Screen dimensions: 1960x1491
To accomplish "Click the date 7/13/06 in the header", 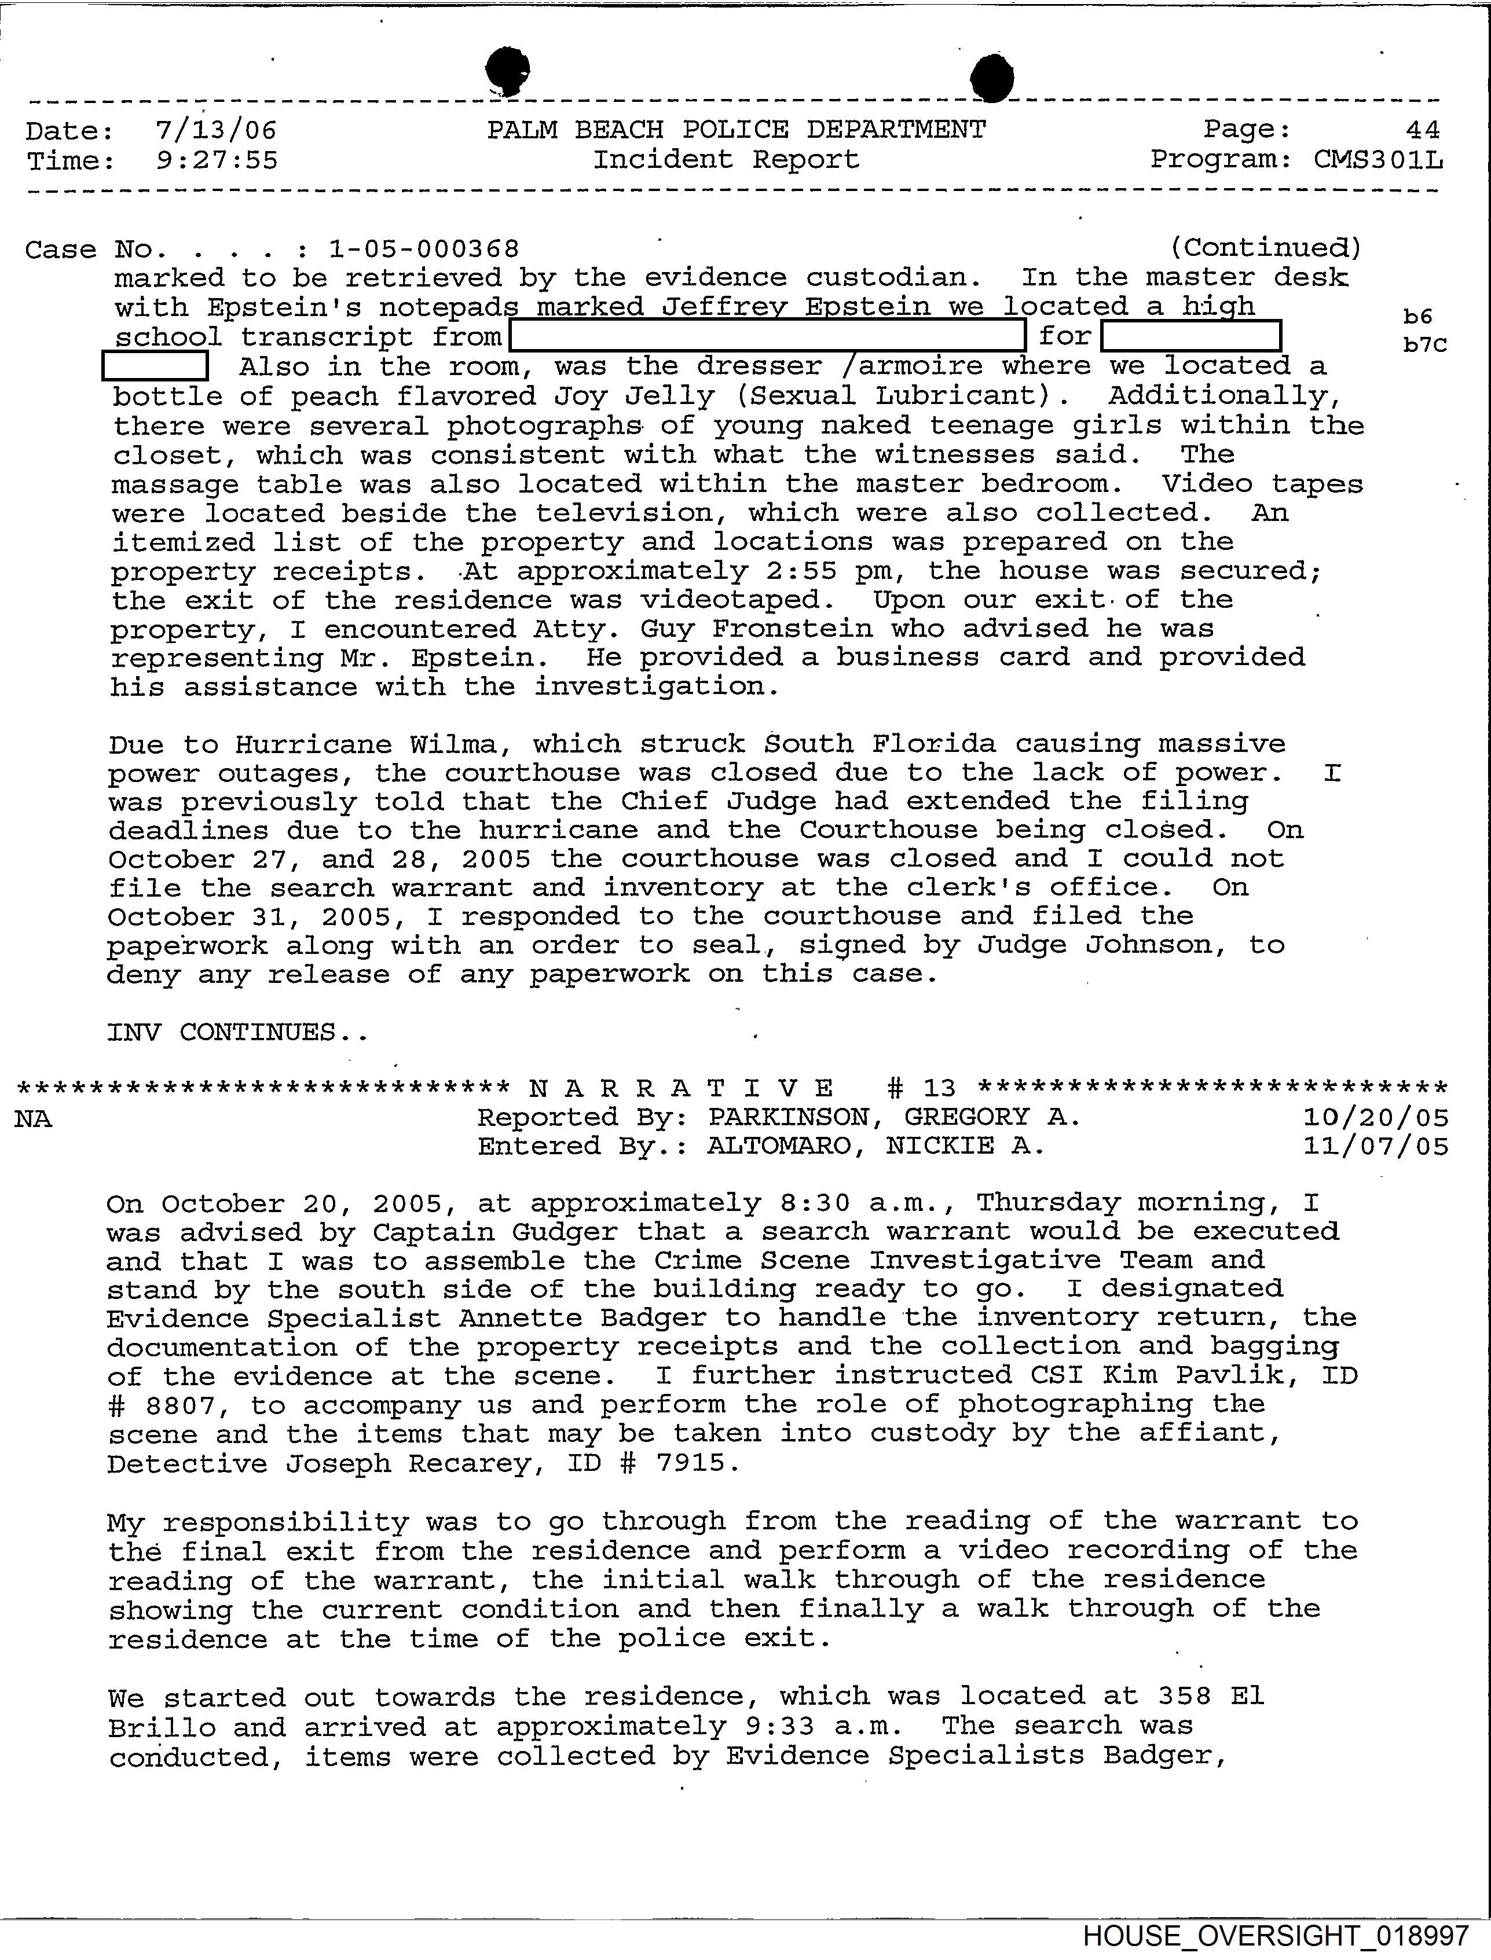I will [x=215, y=131].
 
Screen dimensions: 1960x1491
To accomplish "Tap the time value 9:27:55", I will [x=215, y=160].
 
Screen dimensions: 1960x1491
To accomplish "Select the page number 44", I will [x=1423, y=130].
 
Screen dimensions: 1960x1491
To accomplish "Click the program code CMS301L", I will [x=1378, y=160].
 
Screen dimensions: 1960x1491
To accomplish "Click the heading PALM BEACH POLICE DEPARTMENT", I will [x=736, y=130].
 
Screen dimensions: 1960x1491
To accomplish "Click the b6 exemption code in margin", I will [x=1418, y=316].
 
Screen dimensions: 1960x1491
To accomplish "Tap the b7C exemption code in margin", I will [x=1424, y=345].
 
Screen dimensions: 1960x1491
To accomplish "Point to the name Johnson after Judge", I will [x=1156, y=945].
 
